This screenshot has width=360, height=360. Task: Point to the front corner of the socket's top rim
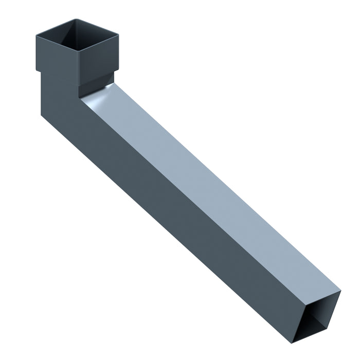[x=78, y=51]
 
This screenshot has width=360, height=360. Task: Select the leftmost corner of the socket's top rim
[x=37, y=34]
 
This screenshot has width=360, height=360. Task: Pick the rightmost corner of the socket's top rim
[x=118, y=35]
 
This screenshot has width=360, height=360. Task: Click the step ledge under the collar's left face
[x=39, y=71]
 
